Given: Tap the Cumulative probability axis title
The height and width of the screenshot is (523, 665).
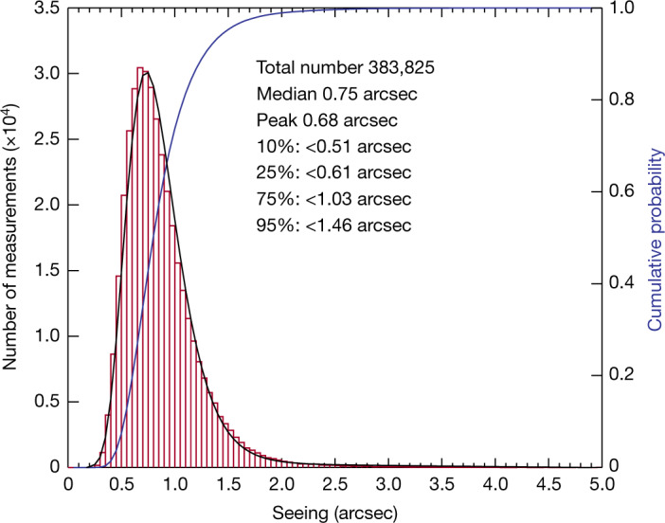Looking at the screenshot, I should pos(654,237).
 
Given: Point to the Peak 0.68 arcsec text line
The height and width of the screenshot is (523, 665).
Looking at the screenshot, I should pos(325,120).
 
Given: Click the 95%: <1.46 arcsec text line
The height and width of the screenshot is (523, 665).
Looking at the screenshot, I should pos(333,225).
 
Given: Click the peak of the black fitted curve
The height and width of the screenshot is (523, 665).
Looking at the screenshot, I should pos(144,72).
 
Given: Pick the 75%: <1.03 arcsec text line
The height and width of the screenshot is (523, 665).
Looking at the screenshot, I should pos(333,199).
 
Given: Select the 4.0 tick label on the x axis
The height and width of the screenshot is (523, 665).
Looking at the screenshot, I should pos(495,486).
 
